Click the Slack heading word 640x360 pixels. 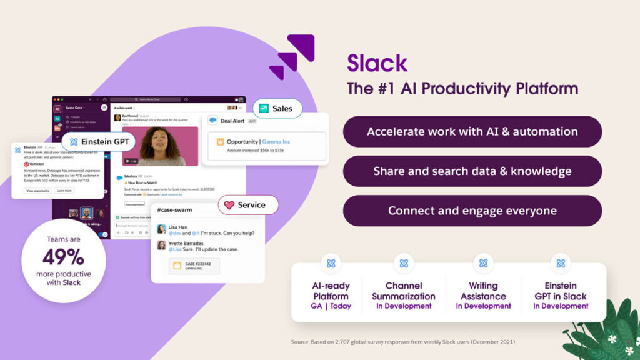[377, 63]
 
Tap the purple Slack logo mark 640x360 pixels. [292, 56]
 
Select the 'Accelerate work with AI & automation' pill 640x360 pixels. [472, 132]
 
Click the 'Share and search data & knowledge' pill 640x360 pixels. [472, 171]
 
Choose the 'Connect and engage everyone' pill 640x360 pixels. [472, 211]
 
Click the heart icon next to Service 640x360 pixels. [229, 205]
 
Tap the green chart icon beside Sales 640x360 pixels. [264, 109]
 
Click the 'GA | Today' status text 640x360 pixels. [331, 306]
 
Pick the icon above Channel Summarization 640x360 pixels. [404, 264]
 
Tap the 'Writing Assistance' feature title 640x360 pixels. [483, 291]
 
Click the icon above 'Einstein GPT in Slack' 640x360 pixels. [561, 264]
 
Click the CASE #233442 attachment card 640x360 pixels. [193, 266]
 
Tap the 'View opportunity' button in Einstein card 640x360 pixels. [37, 191]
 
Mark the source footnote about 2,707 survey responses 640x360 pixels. [402, 342]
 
